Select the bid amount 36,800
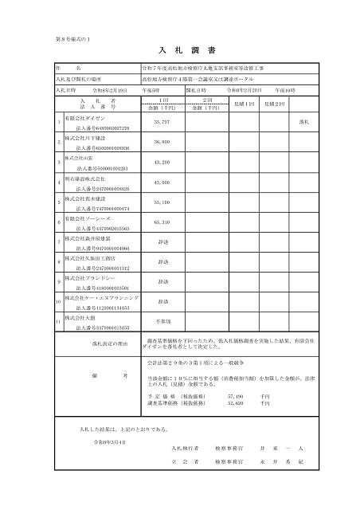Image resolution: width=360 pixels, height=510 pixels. tap(161, 142)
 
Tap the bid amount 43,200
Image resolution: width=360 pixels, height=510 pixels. tap(161, 162)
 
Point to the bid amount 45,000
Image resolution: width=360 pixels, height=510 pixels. tap(161, 182)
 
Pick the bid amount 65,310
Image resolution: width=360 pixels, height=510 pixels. tap(161, 222)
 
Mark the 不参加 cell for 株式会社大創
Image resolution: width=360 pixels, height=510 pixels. tap(162, 321)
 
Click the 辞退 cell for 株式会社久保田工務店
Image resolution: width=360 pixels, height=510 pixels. tap(162, 261)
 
